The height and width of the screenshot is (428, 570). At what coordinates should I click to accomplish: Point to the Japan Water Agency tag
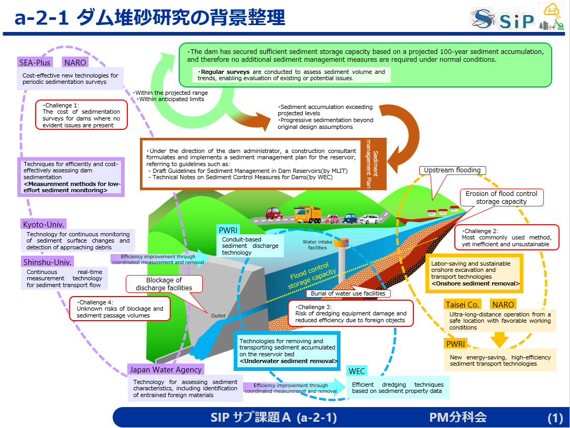click(166, 370)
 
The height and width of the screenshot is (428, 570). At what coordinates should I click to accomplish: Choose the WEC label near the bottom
click(357, 371)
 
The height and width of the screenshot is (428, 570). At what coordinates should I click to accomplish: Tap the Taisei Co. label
click(463, 304)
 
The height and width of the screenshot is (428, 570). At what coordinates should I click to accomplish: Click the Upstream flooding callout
click(452, 170)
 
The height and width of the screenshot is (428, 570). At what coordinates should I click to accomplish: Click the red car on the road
click(273, 213)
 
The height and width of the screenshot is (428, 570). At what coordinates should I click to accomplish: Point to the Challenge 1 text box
click(81, 115)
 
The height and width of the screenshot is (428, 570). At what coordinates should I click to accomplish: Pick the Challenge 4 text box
click(120, 309)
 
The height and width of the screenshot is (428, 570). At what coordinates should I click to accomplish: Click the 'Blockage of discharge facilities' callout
click(164, 284)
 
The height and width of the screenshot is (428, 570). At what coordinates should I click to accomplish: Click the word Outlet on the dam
click(218, 316)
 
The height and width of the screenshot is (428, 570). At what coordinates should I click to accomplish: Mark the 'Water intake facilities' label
click(317, 245)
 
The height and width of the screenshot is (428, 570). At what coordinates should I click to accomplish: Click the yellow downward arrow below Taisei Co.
click(499, 339)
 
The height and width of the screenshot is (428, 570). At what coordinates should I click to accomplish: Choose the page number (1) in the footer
click(555, 418)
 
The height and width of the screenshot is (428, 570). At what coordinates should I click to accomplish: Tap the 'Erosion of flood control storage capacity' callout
click(501, 197)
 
